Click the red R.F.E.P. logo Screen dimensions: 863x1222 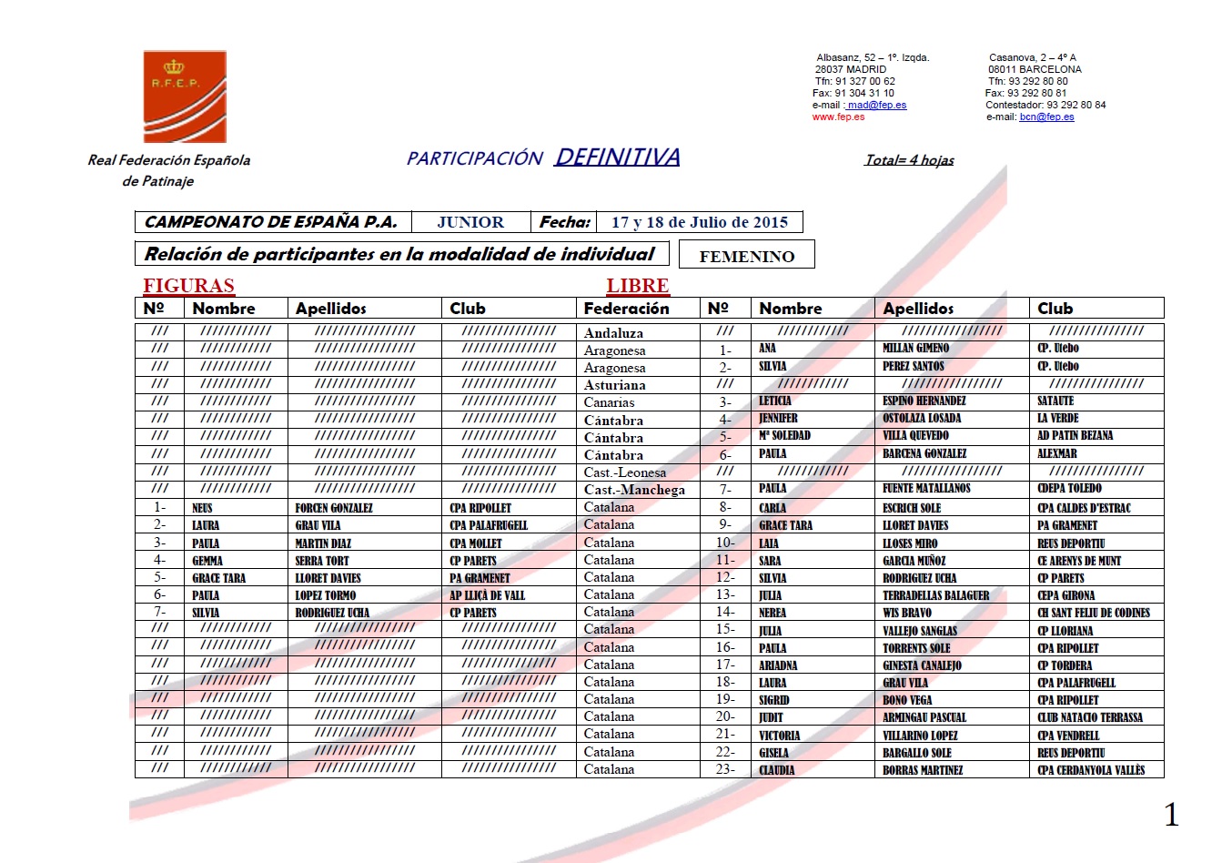point(185,96)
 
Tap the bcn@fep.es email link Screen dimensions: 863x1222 point(1046,117)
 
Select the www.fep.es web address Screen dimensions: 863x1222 point(838,117)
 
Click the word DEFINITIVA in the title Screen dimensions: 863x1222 point(617,157)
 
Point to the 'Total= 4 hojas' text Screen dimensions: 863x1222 point(909,160)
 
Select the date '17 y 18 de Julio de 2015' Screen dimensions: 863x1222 point(699,222)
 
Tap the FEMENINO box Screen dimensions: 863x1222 point(746,256)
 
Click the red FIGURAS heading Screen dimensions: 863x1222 point(188,286)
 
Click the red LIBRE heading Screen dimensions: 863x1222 point(637,286)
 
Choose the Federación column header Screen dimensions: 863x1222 point(626,309)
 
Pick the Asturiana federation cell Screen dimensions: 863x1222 point(614,385)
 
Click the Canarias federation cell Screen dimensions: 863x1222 point(609,402)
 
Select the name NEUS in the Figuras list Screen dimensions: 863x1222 point(202,508)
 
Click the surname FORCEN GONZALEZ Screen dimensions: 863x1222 point(334,508)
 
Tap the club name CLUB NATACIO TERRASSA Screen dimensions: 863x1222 point(1089,717)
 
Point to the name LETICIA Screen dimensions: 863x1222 point(775,401)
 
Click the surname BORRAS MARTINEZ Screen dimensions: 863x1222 point(923,770)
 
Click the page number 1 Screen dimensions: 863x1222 point(1171,815)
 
